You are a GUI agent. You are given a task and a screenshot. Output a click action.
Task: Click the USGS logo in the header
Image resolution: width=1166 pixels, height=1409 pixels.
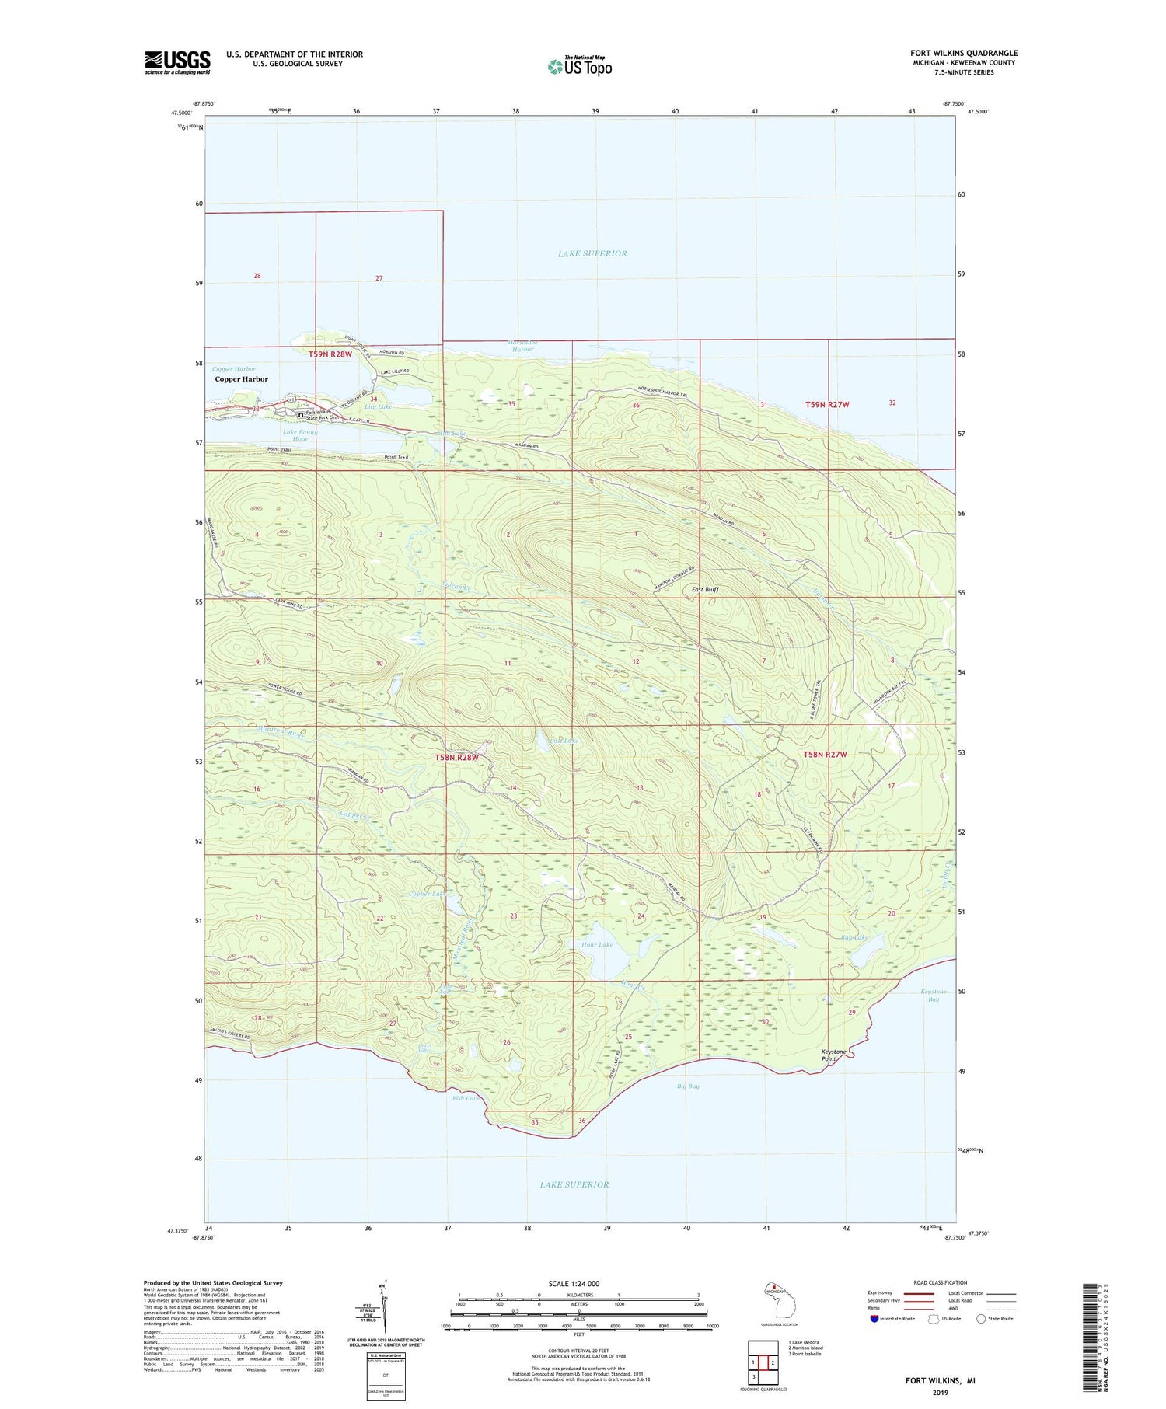click(177, 62)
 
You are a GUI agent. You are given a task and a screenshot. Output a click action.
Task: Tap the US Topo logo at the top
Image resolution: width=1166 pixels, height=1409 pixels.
click(580, 67)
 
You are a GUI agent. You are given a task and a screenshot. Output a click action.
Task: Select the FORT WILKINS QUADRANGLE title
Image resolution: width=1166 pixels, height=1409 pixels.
click(964, 53)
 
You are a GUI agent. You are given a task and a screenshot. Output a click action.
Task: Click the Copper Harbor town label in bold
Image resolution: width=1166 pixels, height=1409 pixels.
click(241, 379)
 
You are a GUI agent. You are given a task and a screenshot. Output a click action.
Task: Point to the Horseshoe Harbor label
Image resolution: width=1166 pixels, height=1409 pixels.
click(522, 346)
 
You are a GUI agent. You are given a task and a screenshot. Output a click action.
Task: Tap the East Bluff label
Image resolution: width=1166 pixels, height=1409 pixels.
click(705, 590)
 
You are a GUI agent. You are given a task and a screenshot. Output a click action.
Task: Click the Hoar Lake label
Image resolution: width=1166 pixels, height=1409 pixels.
click(597, 945)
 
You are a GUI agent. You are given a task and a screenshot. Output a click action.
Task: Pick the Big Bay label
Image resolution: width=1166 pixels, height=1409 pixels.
click(687, 1086)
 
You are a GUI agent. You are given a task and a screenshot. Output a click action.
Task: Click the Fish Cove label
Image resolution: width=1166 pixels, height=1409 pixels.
click(466, 1098)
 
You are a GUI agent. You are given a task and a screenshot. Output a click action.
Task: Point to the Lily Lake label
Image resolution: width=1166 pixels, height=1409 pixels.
click(379, 406)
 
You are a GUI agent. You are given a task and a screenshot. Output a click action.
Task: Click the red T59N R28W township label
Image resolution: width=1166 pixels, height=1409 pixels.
click(330, 354)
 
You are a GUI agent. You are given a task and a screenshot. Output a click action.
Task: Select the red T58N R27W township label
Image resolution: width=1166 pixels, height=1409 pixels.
click(825, 754)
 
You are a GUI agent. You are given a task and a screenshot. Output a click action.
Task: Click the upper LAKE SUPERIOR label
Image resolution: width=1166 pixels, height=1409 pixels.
click(592, 253)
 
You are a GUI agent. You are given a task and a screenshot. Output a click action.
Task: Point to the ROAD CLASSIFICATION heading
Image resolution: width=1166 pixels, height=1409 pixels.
click(941, 1282)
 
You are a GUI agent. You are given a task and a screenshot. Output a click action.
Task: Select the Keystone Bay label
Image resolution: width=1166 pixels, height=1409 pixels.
click(934, 996)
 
